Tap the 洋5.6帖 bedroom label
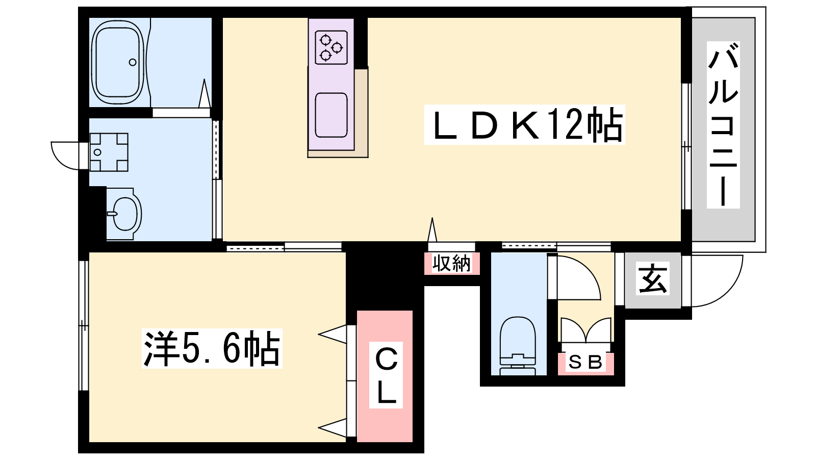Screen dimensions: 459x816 (x=212, y=349)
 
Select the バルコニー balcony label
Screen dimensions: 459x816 (x=723, y=125)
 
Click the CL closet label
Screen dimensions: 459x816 (x=386, y=376)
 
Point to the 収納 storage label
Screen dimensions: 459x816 (x=451, y=264)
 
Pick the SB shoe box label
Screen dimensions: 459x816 (x=585, y=363)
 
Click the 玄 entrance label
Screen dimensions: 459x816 (x=653, y=280)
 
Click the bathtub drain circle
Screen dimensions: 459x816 (x=133, y=62)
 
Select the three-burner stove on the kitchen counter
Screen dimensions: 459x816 (x=331, y=47)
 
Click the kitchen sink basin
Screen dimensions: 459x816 (x=331, y=115)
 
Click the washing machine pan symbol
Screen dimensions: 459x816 (x=108, y=152)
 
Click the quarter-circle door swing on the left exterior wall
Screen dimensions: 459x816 (x=65, y=155)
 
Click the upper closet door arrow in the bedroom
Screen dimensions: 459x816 (x=333, y=335)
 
